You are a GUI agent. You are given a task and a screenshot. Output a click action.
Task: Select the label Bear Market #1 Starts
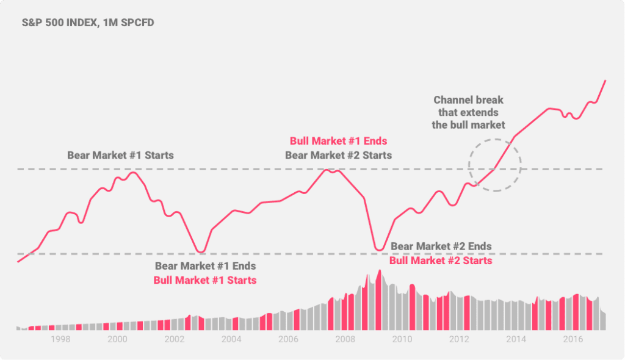(120, 155)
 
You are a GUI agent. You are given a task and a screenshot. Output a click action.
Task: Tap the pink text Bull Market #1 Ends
(338, 141)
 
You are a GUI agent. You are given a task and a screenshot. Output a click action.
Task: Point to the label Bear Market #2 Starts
(338, 155)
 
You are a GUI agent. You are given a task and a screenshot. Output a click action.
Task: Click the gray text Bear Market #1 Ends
(205, 266)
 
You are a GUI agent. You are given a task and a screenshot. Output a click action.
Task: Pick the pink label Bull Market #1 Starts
(205, 280)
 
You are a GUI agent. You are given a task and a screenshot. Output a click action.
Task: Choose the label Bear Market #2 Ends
(441, 246)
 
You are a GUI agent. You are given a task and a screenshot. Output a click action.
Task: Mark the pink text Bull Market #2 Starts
(441, 260)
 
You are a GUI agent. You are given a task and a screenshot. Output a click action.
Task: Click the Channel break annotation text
(469, 112)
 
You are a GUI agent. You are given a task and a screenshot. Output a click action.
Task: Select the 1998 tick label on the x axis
(61, 339)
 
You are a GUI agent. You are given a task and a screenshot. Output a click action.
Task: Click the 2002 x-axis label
(174, 339)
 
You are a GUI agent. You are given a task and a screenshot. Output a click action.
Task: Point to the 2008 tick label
(345, 339)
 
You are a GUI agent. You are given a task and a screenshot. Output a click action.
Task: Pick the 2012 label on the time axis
(459, 339)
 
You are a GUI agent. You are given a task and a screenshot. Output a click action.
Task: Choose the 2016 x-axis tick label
(572, 339)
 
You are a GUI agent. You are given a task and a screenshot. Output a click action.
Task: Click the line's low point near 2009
(379, 250)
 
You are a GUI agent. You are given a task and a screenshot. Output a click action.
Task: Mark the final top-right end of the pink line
(605, 81)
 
